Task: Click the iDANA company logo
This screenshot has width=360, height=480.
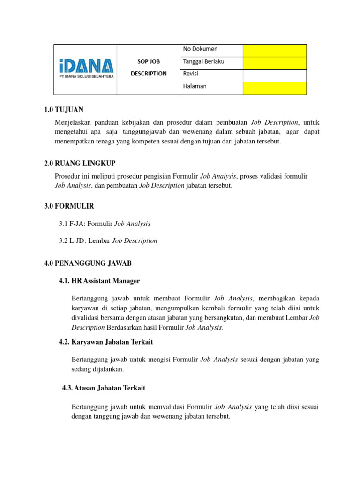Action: coord(85,69)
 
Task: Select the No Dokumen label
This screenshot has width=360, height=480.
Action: coord(200,49)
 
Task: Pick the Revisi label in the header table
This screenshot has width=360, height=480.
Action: coord(193,74)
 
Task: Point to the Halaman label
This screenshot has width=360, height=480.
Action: coord(195,87)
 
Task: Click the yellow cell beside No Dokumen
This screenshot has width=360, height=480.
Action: coord(274,50)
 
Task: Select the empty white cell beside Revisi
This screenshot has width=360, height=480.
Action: coord(274,75)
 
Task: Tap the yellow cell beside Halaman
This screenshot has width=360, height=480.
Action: coord(274,88)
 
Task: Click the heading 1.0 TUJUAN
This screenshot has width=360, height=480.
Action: coord(64,110)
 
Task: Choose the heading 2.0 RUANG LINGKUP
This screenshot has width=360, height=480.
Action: coord(80,163)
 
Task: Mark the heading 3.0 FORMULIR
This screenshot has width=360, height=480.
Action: coord(69,206)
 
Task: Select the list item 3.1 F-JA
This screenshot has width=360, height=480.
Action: coord(105,224)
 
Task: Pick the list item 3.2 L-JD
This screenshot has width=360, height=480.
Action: coord(108,241)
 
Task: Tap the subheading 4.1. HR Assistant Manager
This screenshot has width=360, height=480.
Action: coord(99,281)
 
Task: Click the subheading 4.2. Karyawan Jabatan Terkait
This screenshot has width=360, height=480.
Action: coord(106,342)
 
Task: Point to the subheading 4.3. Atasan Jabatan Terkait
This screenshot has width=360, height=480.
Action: coord(104,388)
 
